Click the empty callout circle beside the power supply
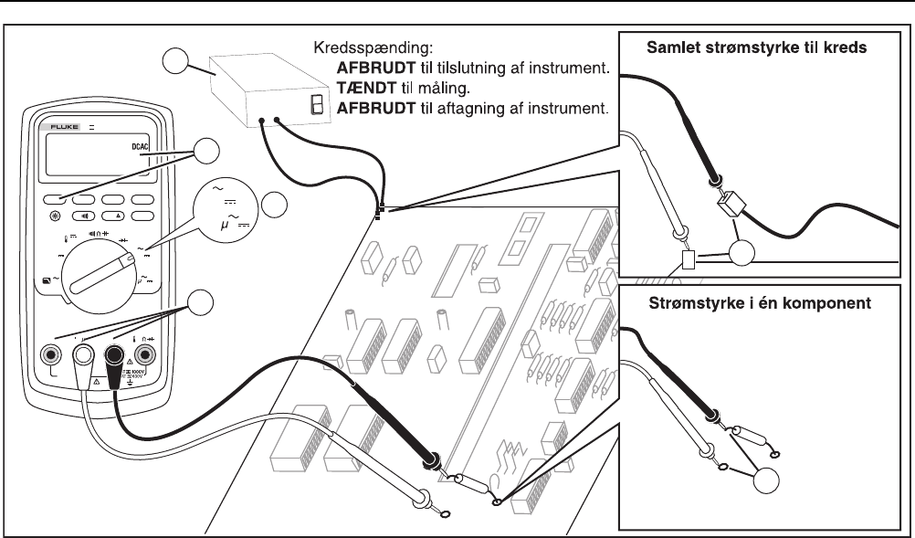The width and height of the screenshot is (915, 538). coord(176,62)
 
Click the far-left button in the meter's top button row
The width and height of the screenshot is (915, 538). coord(56,199)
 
